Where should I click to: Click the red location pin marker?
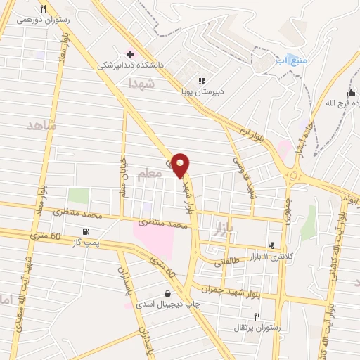tap(181, 165)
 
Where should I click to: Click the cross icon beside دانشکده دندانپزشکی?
tap(130, 54)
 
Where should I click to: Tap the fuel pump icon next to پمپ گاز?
tap(86, 231)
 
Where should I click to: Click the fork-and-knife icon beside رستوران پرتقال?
tap(257, 316)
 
